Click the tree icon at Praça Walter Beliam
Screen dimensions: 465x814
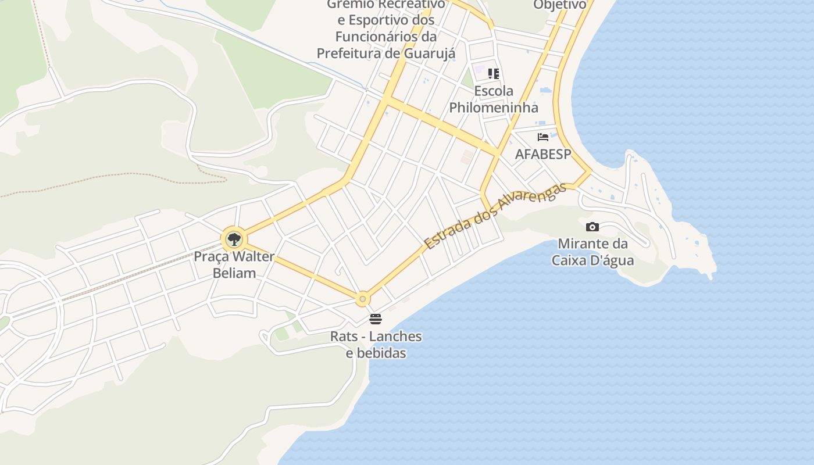click(234, 239)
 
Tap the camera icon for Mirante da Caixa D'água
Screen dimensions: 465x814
click(592, 227)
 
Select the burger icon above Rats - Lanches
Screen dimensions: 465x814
click(376, 319)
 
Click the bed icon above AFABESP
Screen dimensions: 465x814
click(543, 137)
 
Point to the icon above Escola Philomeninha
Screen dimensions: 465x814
click(494, 74)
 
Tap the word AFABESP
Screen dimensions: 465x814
click(543, 154)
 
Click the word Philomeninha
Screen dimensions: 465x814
click(494, 108)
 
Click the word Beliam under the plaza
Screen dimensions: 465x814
click(234, 273)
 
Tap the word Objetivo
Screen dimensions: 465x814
click(560, 5)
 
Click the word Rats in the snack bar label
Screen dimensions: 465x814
click(342, 337)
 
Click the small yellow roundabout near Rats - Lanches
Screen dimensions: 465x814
click(362, 299)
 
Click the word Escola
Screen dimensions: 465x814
click(494, 91)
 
